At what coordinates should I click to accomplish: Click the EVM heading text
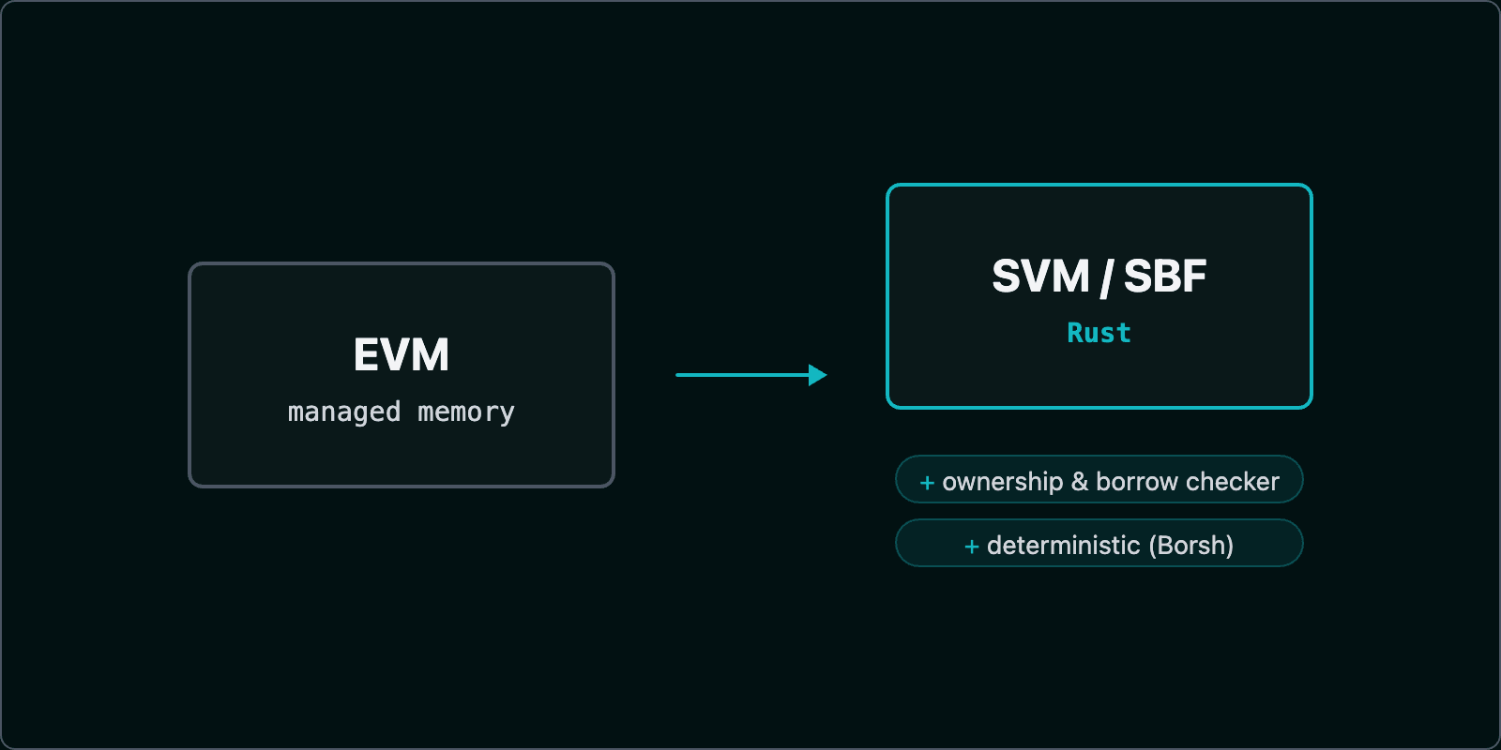pos(401,355)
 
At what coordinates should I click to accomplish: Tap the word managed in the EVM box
pos(344,412)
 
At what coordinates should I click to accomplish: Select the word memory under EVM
pos(466,412)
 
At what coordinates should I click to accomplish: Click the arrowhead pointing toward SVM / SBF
pos(817,375)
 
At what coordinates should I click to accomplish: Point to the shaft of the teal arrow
pos(741,375)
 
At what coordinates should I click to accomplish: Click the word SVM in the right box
pos(1040,277)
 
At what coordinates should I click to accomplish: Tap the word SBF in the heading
pos(1165,277)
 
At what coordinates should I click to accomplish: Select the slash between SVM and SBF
pos(1107,278)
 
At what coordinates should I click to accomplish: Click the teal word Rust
pos(1099,333)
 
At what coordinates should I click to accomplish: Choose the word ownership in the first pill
pos(1002,482)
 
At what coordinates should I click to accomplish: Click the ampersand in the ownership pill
pos(1080,482)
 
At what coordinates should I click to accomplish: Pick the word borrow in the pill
pos(1136,482)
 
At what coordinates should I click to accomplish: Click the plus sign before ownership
pos(927,483)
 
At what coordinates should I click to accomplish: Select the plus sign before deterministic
pos(972,547)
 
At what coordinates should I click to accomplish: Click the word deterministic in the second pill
pos(1064,546)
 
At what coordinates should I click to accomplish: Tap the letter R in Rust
pos(1075,333)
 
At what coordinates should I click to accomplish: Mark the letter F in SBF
pos(1194,277)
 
